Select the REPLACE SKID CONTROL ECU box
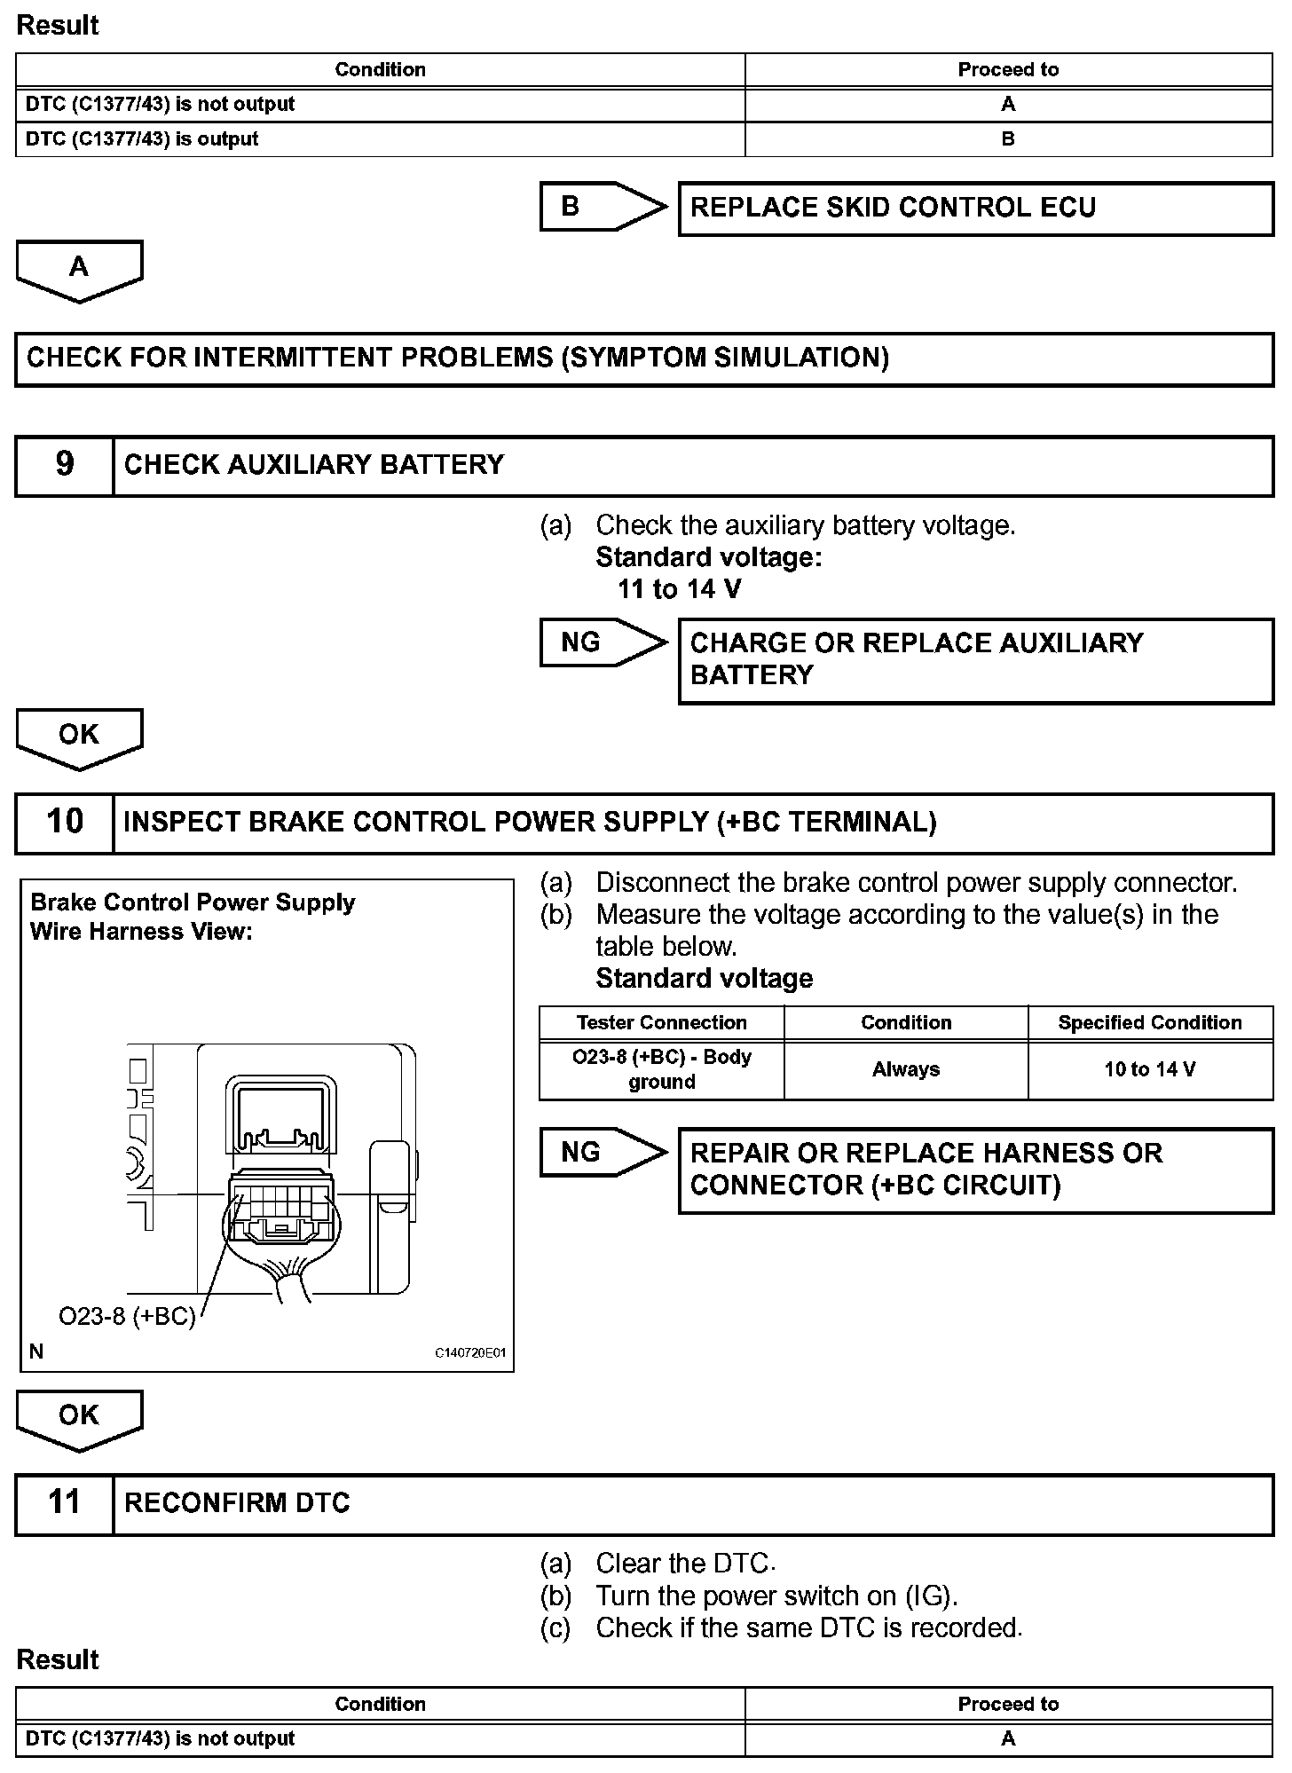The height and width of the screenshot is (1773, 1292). point(975,209)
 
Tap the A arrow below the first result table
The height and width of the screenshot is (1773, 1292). point(79,270)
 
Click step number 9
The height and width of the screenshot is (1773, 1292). point(65,465)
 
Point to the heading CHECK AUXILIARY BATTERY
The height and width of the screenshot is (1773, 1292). point(314,465)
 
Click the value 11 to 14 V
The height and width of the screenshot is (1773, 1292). point(679,589)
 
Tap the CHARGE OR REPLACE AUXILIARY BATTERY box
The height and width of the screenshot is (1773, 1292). point(975,659)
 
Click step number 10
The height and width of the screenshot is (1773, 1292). point(65,823)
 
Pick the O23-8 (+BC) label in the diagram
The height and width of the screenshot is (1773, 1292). point(127,1316)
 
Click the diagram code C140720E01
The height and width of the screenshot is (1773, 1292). point(469,1353)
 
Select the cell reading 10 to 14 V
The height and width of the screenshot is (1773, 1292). point(1150,1070)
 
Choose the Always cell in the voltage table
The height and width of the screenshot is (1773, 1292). point(906,1070)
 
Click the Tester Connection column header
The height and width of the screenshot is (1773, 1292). point(661,1022)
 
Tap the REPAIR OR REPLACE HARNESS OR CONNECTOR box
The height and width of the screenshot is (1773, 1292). point(975,1170)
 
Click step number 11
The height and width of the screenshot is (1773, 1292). point(65,1503)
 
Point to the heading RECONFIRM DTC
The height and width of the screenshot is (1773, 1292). point(237,1503)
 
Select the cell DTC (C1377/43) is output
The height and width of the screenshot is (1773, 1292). point(142,139)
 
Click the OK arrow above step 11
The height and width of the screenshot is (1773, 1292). point(79,1418)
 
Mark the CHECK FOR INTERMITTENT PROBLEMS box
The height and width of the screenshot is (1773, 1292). point(644,359)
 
